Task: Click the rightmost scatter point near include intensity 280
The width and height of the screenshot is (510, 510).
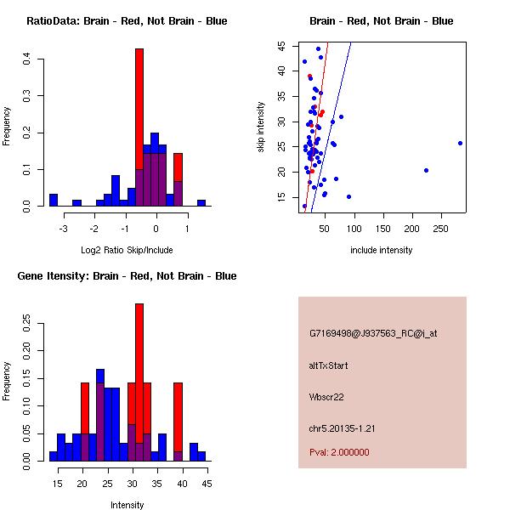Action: tap(460, 143)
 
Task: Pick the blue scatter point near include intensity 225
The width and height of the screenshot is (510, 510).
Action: tap(426, 170)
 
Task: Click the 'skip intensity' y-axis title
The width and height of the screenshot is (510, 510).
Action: tap(263, 127)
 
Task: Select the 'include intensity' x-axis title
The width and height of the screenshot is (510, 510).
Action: tap(381, 250)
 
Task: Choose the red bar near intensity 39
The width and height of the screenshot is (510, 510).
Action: tap(178, 416)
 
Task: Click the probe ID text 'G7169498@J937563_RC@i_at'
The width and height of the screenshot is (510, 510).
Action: tap(373, 334)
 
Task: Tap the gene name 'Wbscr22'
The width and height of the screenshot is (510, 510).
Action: tap(327, 396)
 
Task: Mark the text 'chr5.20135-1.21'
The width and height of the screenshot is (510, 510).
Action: tap(342, 428)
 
